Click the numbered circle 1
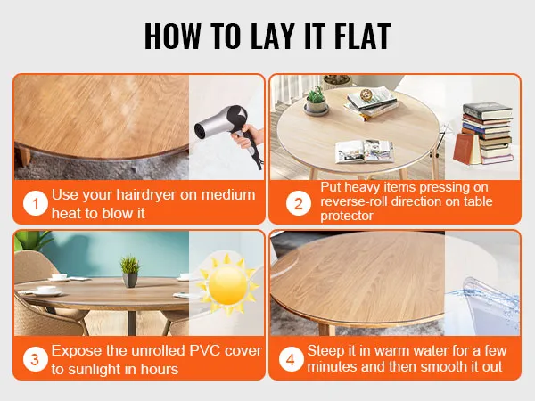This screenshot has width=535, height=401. [x=35, y=203]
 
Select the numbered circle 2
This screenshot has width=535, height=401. [x=299, y=203]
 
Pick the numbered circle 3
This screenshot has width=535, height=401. [x=35, y=359]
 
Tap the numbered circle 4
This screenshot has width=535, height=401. [x=291, y=359]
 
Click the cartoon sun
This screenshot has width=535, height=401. [x=228, y=285]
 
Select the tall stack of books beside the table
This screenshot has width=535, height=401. [x=488, y=132]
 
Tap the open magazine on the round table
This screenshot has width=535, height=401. [x=365, y=151]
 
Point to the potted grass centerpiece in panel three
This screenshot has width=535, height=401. [x=130, y=272]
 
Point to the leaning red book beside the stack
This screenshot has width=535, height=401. [x=465, y=148]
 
